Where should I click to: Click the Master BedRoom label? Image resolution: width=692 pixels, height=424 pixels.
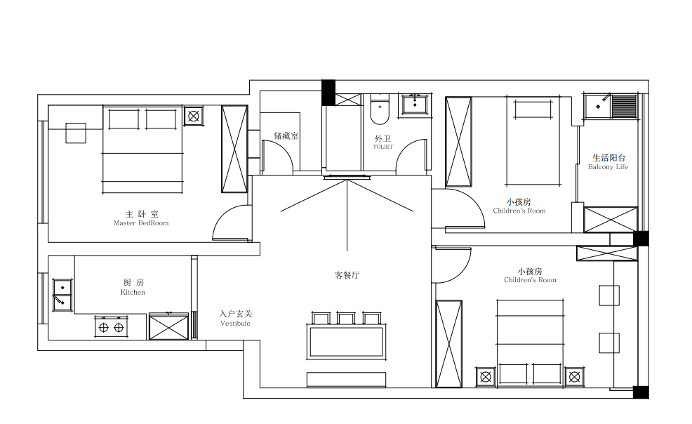pos(141,223)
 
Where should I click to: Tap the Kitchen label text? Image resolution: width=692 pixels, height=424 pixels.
pos(133,292)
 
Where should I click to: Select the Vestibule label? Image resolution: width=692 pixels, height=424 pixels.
pos(235,324)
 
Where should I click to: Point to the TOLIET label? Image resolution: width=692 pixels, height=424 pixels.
pos(382,147)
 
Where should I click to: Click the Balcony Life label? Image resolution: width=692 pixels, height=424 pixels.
pos(608,167)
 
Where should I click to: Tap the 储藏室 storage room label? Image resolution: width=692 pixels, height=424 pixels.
pos(286,136)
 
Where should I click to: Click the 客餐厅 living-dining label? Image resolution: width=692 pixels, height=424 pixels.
pos(347,275)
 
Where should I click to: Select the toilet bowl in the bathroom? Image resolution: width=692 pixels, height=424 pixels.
pos(380,109)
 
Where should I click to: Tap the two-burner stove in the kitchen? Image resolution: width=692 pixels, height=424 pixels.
pos(111,327)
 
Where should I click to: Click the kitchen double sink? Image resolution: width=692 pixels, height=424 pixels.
pos(62,295)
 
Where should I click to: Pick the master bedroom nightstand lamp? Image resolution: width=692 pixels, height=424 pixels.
pos(193,116)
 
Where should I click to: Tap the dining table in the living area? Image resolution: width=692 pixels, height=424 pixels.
pos(347,342)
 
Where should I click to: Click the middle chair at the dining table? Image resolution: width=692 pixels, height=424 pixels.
pos(346,318)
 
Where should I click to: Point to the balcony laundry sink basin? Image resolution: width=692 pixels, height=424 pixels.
pos(598,106)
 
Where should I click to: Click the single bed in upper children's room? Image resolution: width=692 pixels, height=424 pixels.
pos(533,140)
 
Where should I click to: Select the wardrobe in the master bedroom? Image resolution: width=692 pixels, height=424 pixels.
pos(234,149)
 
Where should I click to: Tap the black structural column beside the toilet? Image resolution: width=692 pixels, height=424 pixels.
pos(328,93)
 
